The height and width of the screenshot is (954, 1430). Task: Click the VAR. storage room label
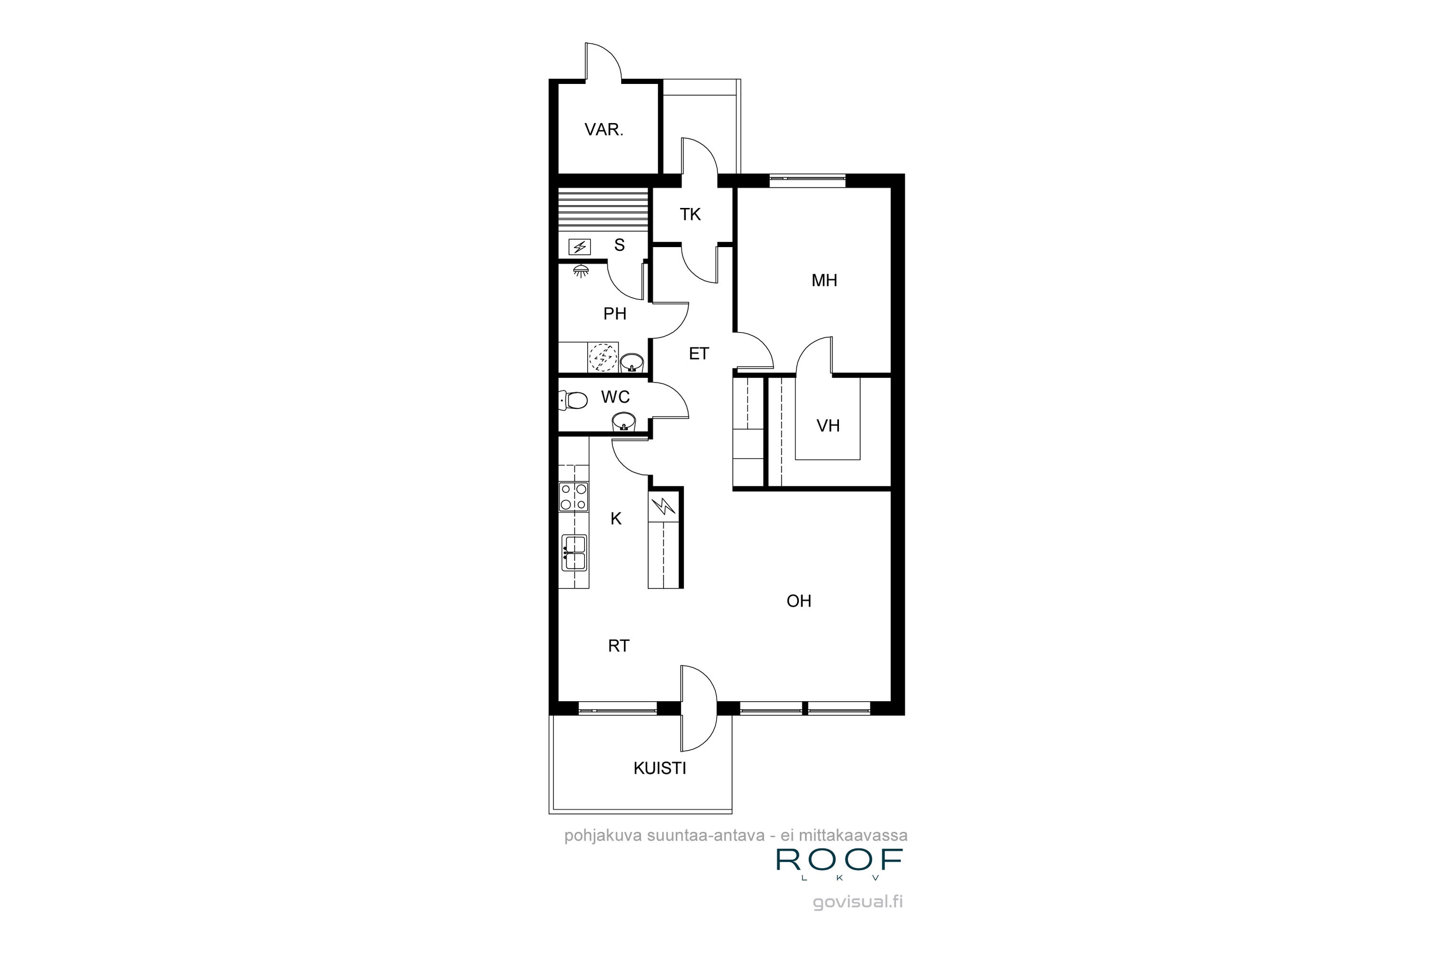[604, 130]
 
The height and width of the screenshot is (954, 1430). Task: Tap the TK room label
[690, 214]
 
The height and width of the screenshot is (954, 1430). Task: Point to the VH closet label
[827, 425]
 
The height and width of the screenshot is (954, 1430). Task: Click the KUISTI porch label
[660, 768]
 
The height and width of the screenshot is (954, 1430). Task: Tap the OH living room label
[798, 601]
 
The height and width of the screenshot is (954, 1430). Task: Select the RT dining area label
[618, 646]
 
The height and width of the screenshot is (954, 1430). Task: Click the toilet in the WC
[573, 400]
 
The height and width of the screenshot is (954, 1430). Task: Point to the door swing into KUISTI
[699, 708]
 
